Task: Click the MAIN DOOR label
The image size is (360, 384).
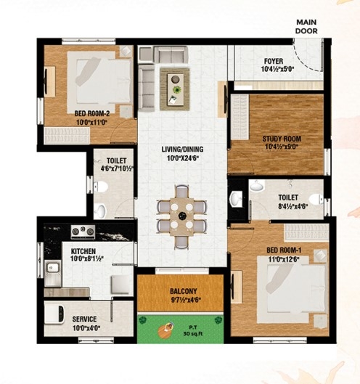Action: [306, 27]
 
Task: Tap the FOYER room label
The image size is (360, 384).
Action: [274, 61]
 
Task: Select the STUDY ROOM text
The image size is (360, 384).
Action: [282, 139]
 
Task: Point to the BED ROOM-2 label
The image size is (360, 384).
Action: [92, 113]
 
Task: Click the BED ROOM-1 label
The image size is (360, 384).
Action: [284, 250]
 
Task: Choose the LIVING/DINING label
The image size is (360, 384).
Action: [182, 149]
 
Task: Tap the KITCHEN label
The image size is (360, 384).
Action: [83, 251]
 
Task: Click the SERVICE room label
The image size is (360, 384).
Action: [84, 319]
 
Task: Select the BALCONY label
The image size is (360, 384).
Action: [184, 291]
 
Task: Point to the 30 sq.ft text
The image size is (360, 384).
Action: [193, 334]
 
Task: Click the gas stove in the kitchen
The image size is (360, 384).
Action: [83, 232]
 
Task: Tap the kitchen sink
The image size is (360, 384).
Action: [53, 274]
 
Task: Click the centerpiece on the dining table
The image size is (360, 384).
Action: [182, 216]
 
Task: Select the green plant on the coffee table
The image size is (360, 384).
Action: [176, 89]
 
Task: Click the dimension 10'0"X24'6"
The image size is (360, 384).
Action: [182, 158]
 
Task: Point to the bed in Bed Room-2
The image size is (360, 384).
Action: [99, 81]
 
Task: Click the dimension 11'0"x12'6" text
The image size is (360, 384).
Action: [284, 259]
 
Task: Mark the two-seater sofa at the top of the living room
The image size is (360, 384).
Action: [171, 55]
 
